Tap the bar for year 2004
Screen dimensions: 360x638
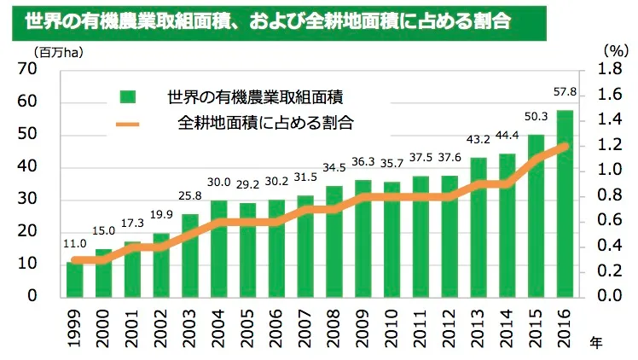[x=219, y=248]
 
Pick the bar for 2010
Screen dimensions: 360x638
[x=392, y=239]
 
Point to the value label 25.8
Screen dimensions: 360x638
[x=190, y=196]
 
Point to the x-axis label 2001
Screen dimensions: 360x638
[x=132, y=327]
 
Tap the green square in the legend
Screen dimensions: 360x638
[x=128, y=96]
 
